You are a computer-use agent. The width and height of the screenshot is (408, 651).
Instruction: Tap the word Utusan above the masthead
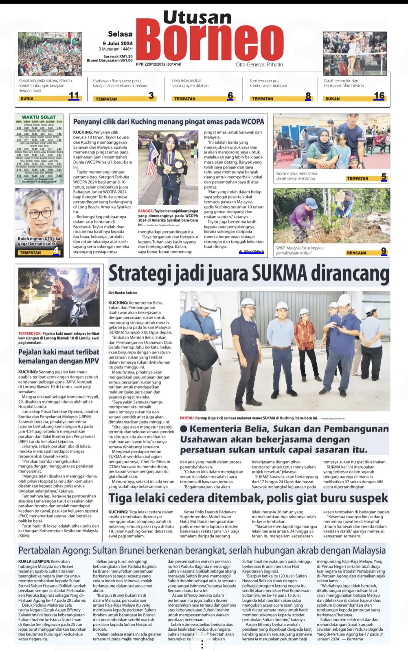click(197, 17)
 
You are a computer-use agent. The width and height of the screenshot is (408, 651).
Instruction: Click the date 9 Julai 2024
click(118, 43)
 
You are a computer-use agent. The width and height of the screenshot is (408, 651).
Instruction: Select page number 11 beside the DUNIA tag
click(74, 96)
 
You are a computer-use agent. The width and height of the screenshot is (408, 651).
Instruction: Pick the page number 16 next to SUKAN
click(379, 96)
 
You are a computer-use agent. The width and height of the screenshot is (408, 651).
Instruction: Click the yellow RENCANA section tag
click(356, 253)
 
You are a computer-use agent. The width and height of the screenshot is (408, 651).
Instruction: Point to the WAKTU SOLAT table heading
click(39, 117)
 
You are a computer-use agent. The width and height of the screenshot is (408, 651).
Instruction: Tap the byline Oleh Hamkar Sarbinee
click(123, 293)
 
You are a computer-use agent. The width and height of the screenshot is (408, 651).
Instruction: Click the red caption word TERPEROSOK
click(30, 334)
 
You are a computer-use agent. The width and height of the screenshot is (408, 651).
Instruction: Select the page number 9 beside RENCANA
click(384, 251)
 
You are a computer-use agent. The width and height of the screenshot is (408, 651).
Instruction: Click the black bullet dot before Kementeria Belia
click(184, 429)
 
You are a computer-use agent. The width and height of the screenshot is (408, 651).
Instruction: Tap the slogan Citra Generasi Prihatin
click(259, 65)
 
